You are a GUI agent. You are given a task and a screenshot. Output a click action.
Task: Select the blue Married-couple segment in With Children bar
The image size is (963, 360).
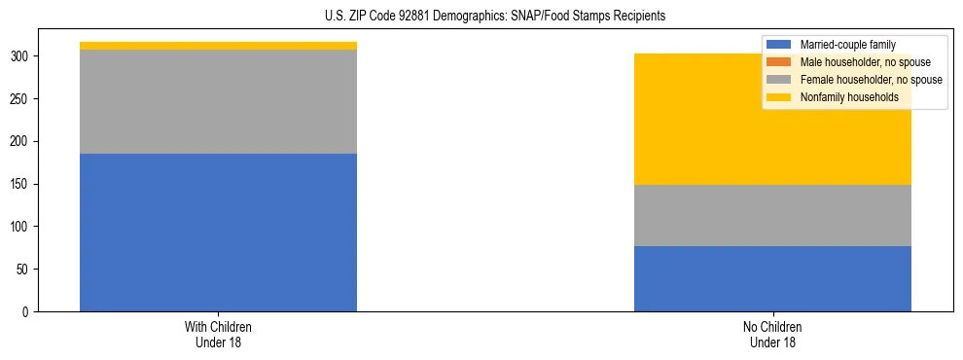pyautogui.click(x=218, y=233)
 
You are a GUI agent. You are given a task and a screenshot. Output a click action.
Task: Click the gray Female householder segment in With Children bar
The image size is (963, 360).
pyautogui.click(x=218, y=101)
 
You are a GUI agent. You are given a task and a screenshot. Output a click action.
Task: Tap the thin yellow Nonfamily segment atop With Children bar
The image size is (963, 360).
pyautogui.click(x=218, y=46)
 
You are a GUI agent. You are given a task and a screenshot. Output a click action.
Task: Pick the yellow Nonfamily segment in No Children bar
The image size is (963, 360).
pyautogui.click(x=772, y=119)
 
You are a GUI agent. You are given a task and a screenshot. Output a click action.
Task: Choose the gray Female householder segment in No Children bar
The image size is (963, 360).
pyautogui.click(x=772, y=215)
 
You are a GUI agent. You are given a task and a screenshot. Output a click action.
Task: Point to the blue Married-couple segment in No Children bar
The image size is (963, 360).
pyautogui.click(x=772, y=278)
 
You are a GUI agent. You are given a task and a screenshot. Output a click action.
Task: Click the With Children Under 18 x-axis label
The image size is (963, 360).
pyautogui.click(x=218, y=334)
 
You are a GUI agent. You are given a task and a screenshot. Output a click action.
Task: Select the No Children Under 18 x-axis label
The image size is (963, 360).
pyautogui.click(x=772, y=334)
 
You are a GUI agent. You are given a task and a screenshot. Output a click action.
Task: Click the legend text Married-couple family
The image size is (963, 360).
pyautogui.click(x=847, y=45)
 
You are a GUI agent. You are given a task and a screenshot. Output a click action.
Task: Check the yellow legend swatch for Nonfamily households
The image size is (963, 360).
pyautogui.click(x=779, y=97)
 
